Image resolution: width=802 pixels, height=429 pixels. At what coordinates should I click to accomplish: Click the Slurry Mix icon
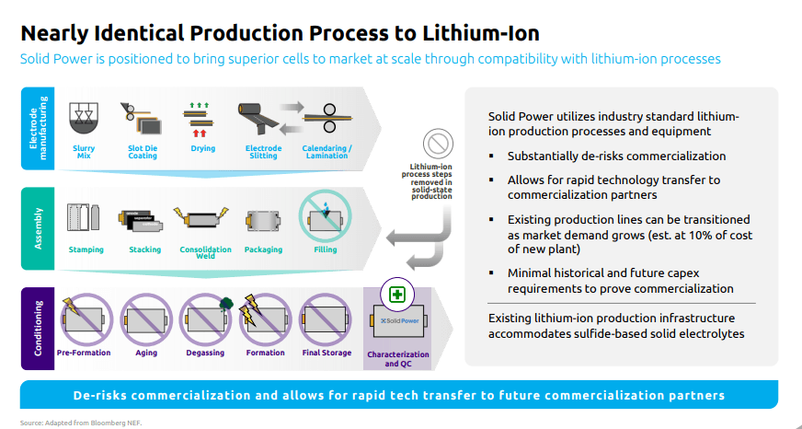point(84,119)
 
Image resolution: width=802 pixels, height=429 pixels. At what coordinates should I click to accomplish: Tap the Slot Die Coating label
point(143,152)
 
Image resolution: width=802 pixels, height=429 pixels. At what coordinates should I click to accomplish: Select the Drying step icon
point(200,120)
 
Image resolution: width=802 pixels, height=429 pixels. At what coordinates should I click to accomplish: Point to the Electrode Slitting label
point(263,152)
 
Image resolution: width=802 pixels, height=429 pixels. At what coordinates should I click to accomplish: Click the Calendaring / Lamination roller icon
point(327,118)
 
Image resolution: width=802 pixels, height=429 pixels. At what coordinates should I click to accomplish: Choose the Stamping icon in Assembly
point(84,218)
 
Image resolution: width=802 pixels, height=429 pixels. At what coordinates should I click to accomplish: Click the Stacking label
point(144,249)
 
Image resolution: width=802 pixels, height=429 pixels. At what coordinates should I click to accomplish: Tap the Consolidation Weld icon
point(201,218)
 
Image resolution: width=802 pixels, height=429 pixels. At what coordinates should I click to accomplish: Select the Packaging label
point(263,249)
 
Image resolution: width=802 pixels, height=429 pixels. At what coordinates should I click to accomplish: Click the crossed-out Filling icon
point(326,215)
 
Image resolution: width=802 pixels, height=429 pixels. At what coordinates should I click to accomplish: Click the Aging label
point(146,354)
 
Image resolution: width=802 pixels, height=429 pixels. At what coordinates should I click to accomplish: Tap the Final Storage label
point(327,353)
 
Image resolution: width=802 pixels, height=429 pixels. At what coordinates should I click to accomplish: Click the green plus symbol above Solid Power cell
point(397,295)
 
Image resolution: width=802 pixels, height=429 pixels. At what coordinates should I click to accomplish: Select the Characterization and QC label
point(398,359)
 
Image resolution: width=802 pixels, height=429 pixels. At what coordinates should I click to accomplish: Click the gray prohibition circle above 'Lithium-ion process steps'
point(439,144)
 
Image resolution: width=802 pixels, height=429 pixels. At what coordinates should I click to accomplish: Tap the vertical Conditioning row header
point(38,328)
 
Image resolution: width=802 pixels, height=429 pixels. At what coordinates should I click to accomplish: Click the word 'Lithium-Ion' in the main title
point(481,34)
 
